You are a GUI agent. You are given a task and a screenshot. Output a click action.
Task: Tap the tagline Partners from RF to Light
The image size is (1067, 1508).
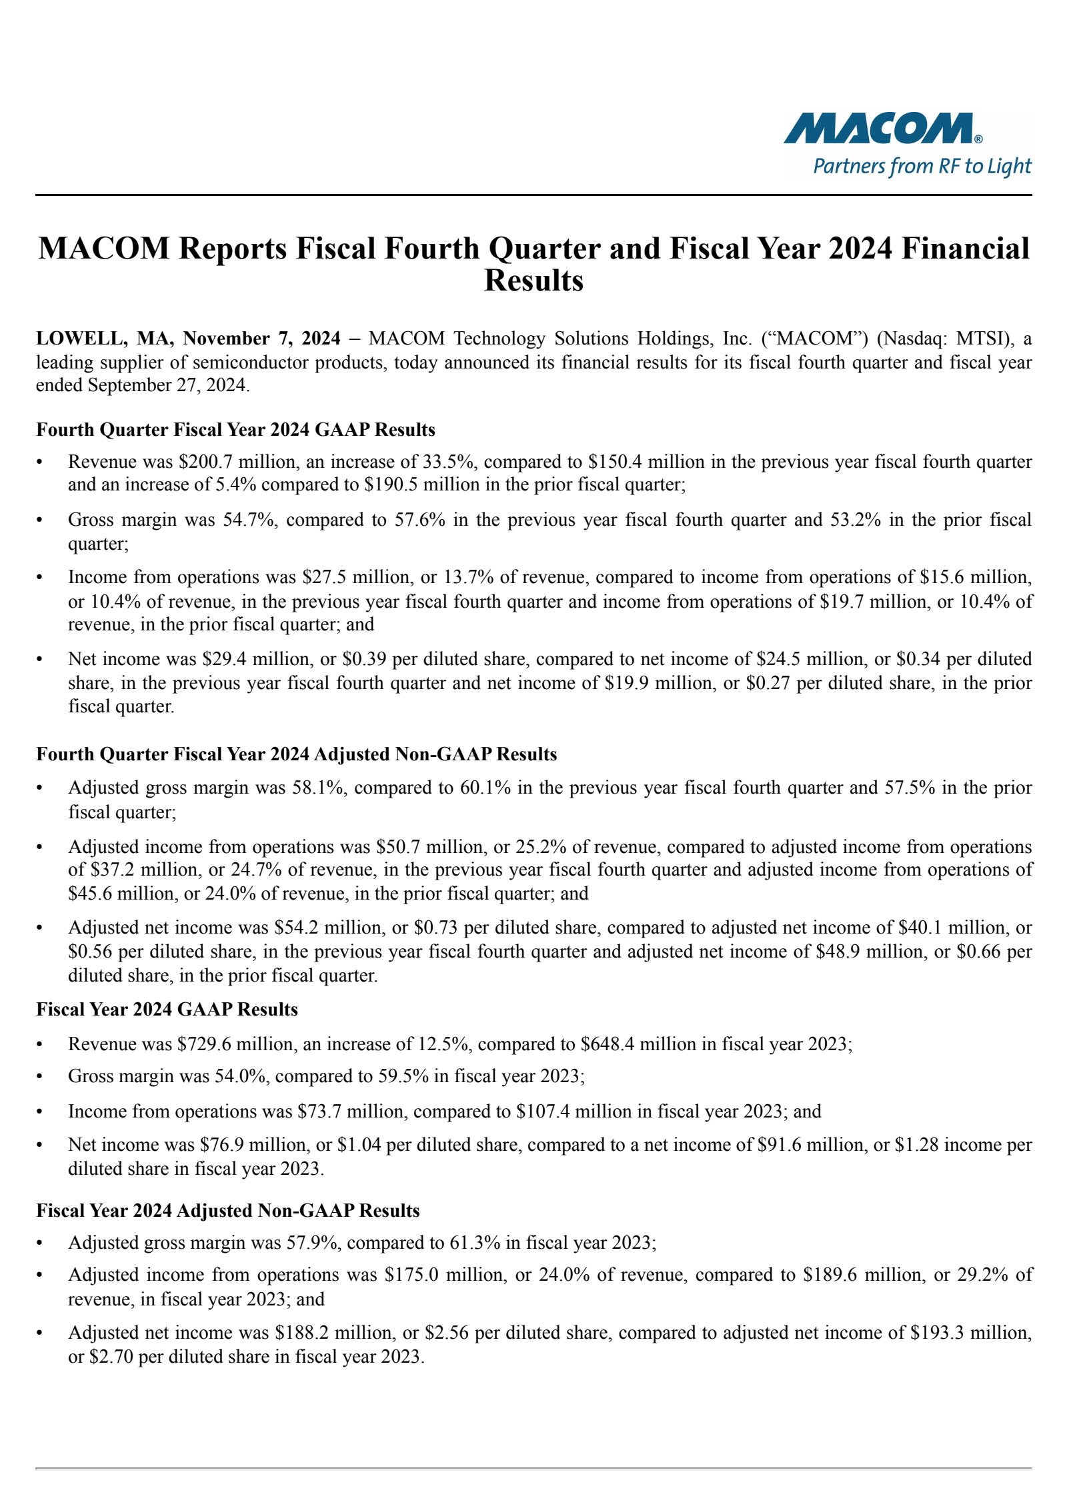(x=922, y=166)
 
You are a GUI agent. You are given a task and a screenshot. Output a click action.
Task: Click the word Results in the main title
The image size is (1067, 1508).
(x=533, y=281)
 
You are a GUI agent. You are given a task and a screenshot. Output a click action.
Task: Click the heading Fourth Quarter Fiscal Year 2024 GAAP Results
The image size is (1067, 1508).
(x=235, y=430)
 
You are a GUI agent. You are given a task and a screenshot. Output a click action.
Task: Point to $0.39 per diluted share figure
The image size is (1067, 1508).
(x=364, y=659)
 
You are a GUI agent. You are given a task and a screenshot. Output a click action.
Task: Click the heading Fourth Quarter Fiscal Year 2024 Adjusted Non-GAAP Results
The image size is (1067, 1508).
(x=296, y=754)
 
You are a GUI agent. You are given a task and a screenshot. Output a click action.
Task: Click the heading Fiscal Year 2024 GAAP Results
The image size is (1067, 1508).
(x=167, y=1010)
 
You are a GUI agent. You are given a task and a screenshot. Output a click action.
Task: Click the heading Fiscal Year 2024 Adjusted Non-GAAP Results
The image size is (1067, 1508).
(x=227, y=1211)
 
